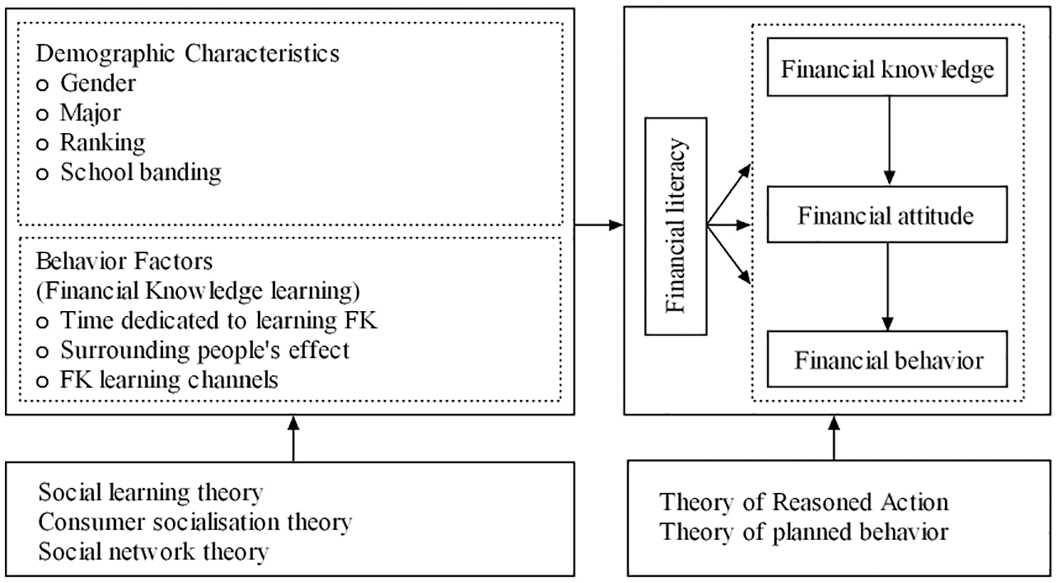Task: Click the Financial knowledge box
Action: click(x=887, y=67)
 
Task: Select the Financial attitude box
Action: click(x=887, y=214)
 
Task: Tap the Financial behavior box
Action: click(x=887, y=359)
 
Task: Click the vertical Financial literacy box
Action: click(x=676, y=226)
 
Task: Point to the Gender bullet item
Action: click(x=87, y=84)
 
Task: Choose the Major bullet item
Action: click(x=79, y=113)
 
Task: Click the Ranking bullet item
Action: click(x=91, y=143)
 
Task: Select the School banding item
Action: click(x=129, y=172)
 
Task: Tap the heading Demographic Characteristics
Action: click(x=187, y=53)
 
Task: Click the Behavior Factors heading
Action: click(x=124, y=261)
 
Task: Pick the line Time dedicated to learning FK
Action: click(x=207, y=320)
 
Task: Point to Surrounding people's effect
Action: click(x=193, y=350)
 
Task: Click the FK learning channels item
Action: click(x=157, y=380)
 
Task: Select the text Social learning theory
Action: click(x=151, y=492)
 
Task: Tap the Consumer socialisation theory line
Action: click(x=196, y=522)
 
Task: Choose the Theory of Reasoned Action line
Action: click(x=804, y=502)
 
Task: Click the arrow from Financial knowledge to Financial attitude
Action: click(x=889, y=141)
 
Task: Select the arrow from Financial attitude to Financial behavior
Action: click(x=887, y=287)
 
